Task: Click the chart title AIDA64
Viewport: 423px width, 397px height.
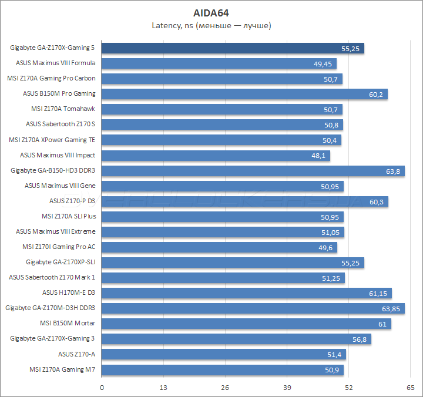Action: click(x=211, y=12)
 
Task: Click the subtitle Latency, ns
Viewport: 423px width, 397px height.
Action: click(x=211, y=25)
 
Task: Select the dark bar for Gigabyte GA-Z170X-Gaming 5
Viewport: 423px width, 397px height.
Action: click(x=233, y=48)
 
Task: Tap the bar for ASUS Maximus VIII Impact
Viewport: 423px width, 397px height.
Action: click(x=216, y=156)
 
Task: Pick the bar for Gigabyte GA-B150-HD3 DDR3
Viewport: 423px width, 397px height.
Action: click(x=253, y=171)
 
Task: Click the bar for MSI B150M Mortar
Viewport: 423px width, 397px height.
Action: click(x=247, y=324)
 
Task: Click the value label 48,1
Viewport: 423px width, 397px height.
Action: click(x=318, y=156)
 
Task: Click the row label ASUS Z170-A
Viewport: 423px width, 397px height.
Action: click(x=77, y=354)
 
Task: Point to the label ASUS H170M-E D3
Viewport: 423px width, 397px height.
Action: click(x=69, y=292)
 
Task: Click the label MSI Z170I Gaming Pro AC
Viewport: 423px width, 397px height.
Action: click(x=59, y=247)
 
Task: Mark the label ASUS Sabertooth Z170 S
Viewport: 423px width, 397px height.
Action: click(x=61, y=125)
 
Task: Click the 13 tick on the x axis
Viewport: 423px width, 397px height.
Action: click(x=164, y=388)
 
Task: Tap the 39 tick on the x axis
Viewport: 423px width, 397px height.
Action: click(x=287, y=388)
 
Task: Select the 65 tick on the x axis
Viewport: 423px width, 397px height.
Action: click(x=410, y=388)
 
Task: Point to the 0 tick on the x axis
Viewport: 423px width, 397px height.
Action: click(x=102, y=388)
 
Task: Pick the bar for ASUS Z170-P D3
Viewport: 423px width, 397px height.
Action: click(x=245, y=201)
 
